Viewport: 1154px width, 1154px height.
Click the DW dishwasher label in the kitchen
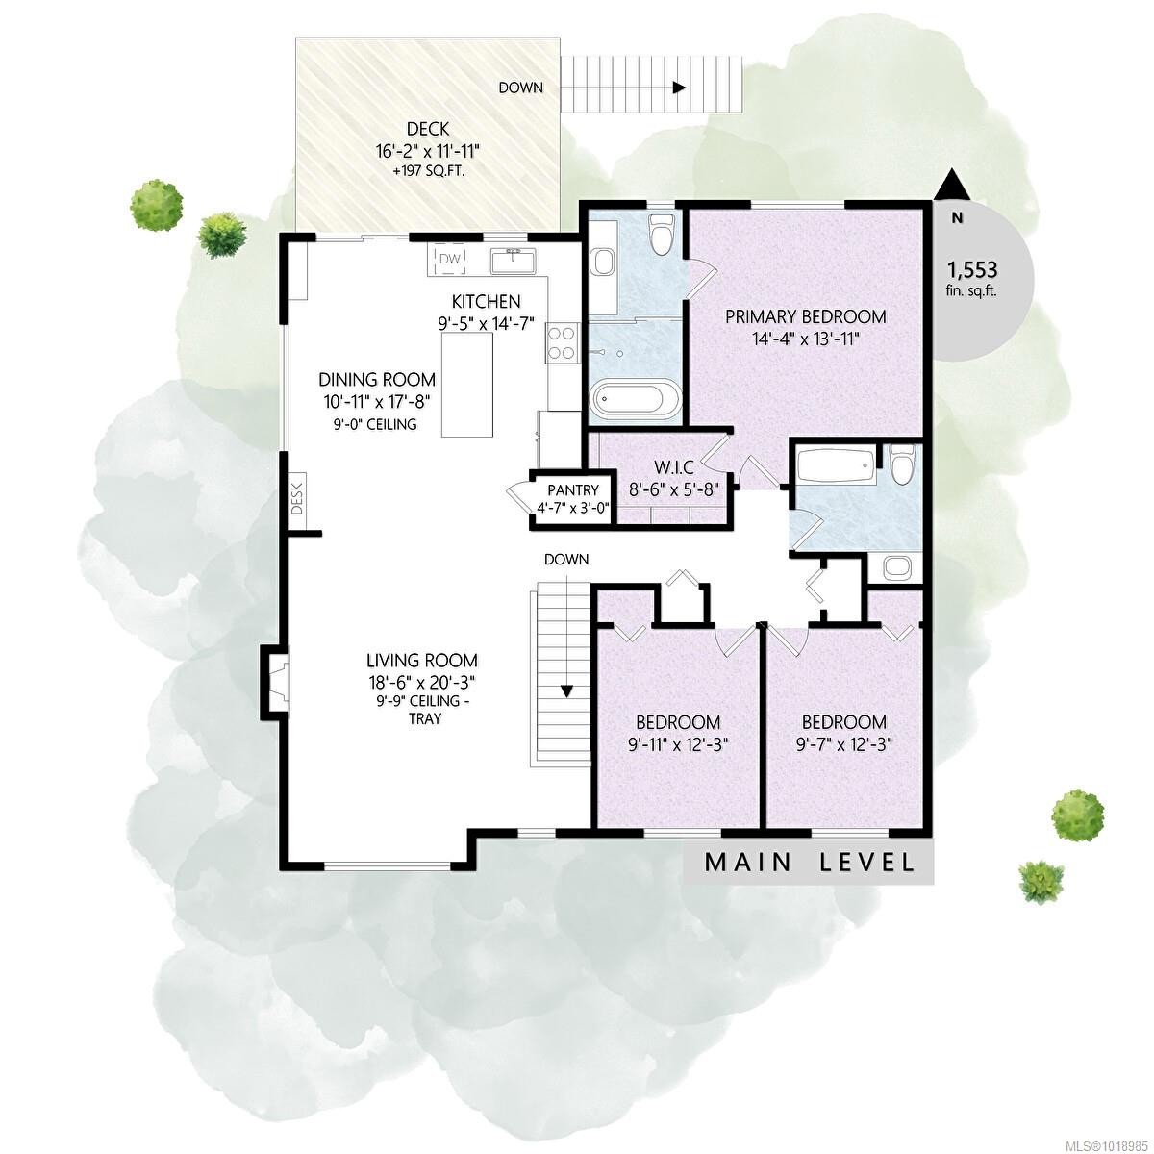pos(450,259)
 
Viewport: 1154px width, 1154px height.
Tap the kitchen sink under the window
pos(512,261)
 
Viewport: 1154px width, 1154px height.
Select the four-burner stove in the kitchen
pos(563,343)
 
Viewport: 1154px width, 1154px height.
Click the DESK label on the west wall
pos(297,497)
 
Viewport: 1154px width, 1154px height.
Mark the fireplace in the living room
pos(275,681)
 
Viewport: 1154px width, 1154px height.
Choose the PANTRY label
pos(573,490)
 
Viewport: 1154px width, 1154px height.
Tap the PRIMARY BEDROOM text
pos(805,316)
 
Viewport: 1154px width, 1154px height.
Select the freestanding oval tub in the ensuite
pos(635,398)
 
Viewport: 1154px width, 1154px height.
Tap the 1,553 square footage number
pos(972,270)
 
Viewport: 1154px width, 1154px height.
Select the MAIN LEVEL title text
pos(810,862)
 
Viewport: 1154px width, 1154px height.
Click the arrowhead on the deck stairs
pos(679,88)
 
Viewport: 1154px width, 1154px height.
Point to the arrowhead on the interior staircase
pos(566,690)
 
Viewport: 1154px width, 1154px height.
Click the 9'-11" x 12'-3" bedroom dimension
pos(678,742)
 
